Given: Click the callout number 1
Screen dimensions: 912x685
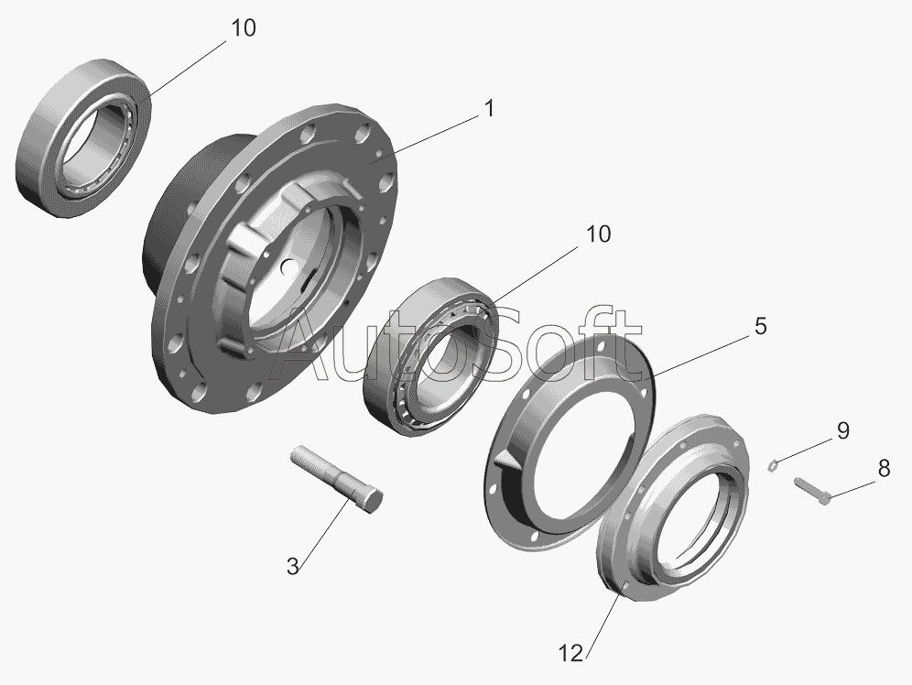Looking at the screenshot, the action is (489, 108).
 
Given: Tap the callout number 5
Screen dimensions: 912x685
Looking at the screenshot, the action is (761, 326).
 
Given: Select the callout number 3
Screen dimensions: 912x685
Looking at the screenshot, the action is (293, 566).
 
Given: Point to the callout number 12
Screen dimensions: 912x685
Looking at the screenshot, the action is (570, 654).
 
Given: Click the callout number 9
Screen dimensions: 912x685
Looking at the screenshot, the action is (842, 430).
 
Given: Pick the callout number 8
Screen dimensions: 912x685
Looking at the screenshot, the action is (884, 468).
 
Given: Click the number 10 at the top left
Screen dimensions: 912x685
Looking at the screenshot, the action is (244, 27).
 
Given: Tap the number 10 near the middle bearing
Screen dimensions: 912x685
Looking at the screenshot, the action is (598, 234).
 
